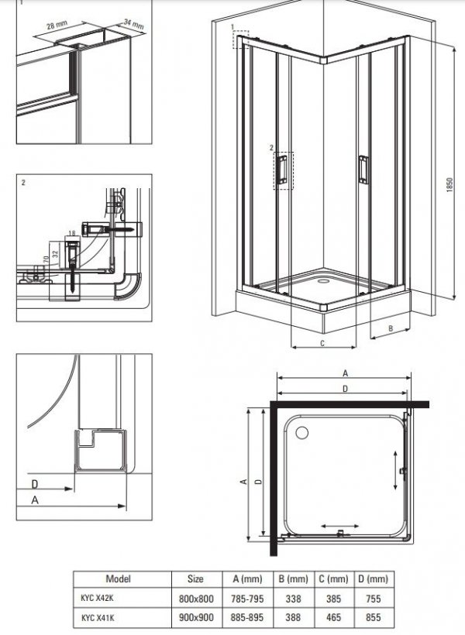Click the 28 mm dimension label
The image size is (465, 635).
[57, 25]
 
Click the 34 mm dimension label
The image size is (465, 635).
[134, 24]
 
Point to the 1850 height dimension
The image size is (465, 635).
[449, 184]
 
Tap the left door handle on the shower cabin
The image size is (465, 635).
[282, 169]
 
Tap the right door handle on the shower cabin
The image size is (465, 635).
[363, 170]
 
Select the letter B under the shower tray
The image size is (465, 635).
[391, 328]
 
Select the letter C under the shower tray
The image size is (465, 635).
[322, 343]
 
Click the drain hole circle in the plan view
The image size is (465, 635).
[302, 433]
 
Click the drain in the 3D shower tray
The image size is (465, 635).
[324, 280]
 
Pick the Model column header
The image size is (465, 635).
[119, 578]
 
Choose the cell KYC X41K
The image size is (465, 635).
[98, 618]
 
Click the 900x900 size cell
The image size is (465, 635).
[196, 617]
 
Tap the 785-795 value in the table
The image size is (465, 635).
[247, 598]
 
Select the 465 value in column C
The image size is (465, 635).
[334, 617]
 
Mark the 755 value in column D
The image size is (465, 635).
[374, 598]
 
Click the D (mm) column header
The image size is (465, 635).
[373, 578]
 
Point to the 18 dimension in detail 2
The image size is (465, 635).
[72, 233]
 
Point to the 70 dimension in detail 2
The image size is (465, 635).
[46, 259]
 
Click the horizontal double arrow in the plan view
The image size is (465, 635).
[339, 526]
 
